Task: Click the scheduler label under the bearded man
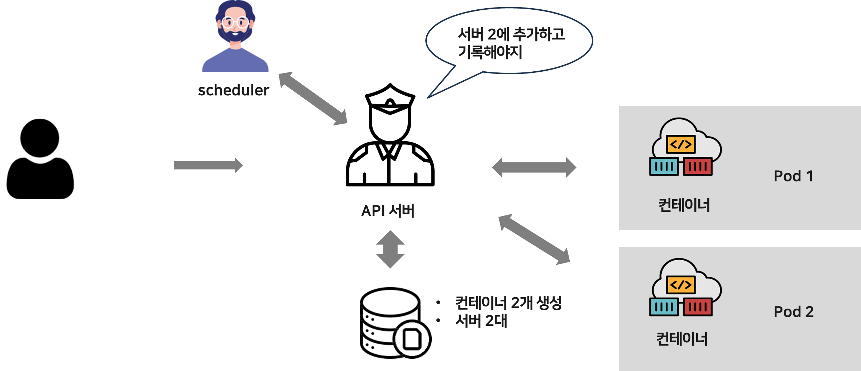pyautogui.click(x=233, y=90)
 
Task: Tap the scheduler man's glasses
pyautogui.click(x=235, y=23)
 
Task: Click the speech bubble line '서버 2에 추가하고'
pyautogui.click(x=511, y=34)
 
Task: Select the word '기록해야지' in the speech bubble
pyautogui.click(x=490, y=52)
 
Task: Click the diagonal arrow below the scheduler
pyautogui.click(x=313, y=99)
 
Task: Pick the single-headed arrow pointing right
pyautogui.click(x=208, y=165)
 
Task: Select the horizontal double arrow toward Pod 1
pyautogui.click(x=534, y=167)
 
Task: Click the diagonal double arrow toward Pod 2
pyautogui.click(x=534, y=239)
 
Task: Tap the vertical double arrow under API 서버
pyautogui.click(x=390, y=249)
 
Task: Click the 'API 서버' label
pyautogui.click(x=388, y=211)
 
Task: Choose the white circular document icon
pyautogui.click(x=412, y=339)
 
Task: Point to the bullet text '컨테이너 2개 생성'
pyautogui.click(x=508, y=303)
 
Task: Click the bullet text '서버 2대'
pyautogui.click(x=481, y=321)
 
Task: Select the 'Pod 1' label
pyautogui.click(x=793, y=176)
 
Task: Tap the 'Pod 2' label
pyautogui.click(x=793, y=312)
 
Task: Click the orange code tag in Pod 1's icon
pyautogui.click(x=680, y=144)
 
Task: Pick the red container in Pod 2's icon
pyautogui.click(x=698, y=307)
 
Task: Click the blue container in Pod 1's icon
pyautogui.click(x=664, y=167)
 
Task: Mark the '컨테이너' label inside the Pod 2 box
pyautogui.click(x=682, y=339)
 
